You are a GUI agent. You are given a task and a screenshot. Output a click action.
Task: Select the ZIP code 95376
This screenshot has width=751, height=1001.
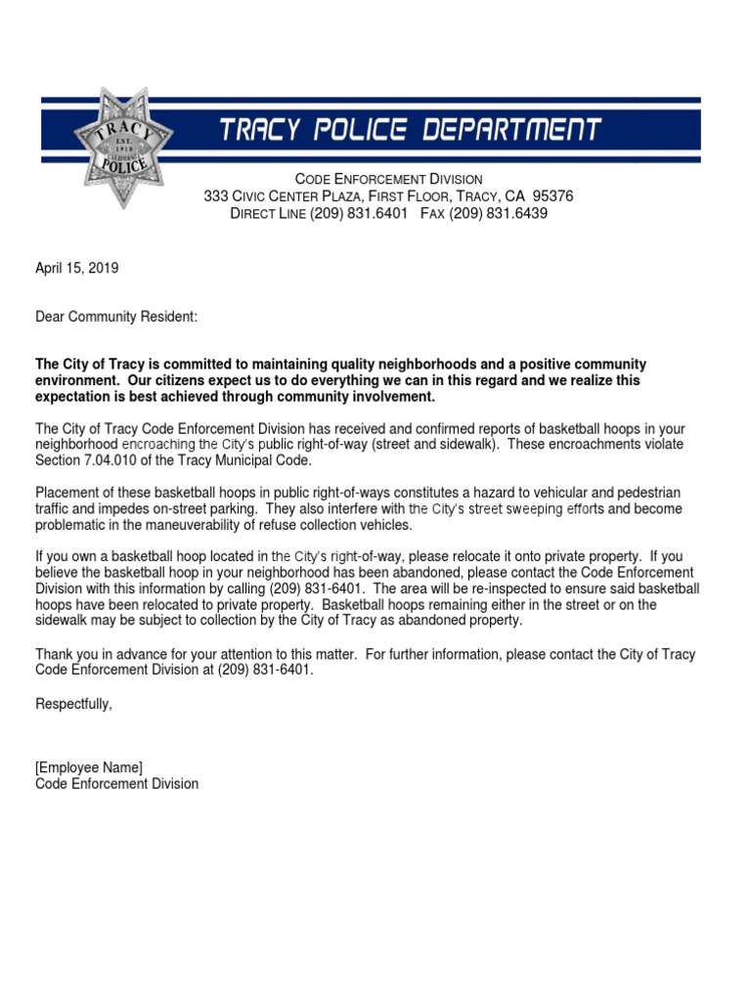click(x=552, y=196)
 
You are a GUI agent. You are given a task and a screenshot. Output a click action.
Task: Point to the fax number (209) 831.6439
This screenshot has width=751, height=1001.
click(x=498, y=213)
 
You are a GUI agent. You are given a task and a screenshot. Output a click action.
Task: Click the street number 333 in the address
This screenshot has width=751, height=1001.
click(x=215, y=196)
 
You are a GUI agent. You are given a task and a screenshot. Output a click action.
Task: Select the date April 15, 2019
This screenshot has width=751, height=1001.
click(x=77, y=267)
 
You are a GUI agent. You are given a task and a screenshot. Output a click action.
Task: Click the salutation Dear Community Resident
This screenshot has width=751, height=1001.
click(x=116, y=317)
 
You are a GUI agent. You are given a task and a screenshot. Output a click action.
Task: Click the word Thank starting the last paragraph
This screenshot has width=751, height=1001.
click(x=55, y=653)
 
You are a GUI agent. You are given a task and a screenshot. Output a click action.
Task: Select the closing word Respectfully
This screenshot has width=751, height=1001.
click(x=73, y=703)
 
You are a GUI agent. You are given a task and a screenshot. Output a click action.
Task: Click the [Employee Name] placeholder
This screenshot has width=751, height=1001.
click(x=89, y=766)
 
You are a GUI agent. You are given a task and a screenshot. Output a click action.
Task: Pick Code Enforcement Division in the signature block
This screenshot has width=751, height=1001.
click(x=116, y=783)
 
